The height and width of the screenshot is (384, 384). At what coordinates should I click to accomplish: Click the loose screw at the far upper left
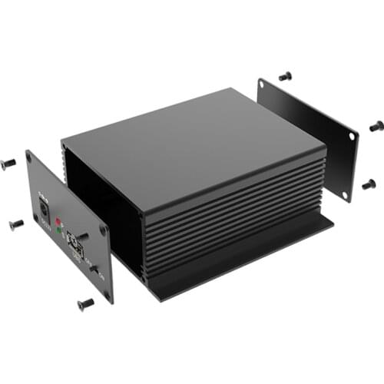[9, 164]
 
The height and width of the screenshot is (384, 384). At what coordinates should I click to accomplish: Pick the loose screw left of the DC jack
[16, 224]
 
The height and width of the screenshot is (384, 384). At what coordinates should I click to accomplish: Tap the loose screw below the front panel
[85, 303]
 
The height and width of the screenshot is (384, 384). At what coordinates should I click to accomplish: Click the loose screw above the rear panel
[286, 75]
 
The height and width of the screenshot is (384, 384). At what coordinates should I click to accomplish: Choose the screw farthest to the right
[376, 125]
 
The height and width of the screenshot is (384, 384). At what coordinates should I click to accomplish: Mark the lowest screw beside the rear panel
[369, 184]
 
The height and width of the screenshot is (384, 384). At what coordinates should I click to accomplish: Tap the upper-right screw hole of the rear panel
[353, 136]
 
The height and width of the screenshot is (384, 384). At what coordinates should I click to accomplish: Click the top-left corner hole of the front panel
[29, 157]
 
